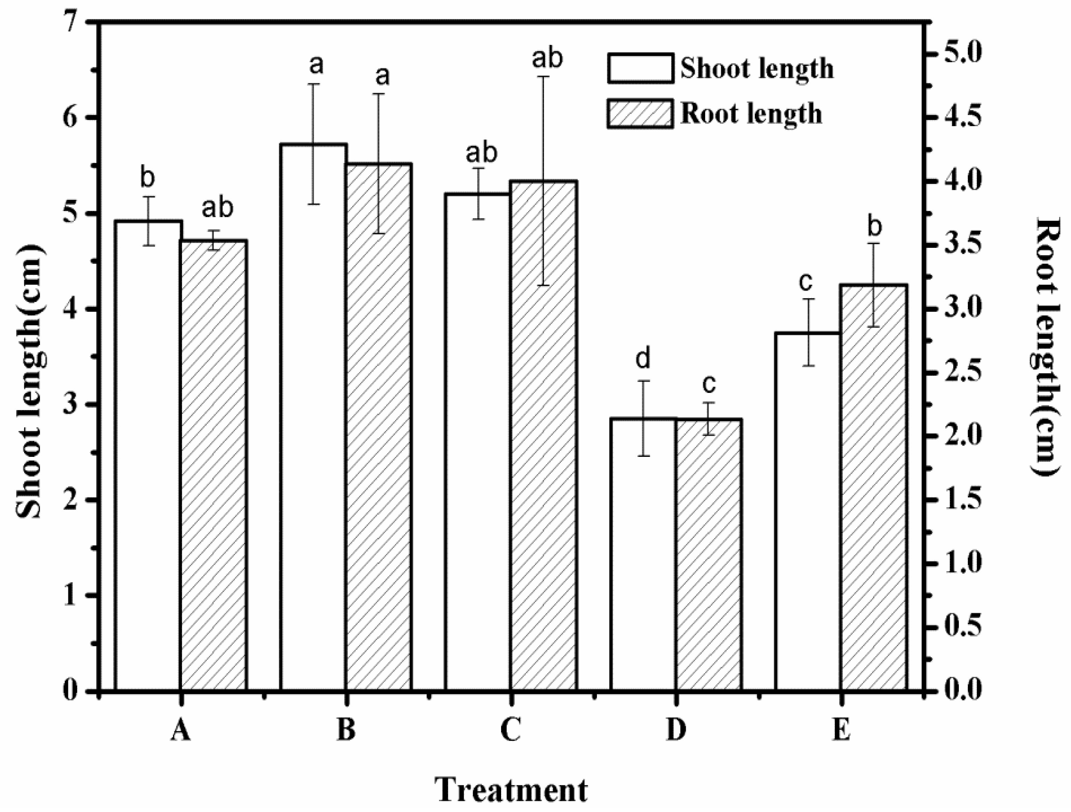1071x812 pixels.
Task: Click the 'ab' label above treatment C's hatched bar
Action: [547, 58]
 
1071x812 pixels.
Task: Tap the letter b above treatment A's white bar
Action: [147, 178]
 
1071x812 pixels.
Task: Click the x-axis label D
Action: [676, 730]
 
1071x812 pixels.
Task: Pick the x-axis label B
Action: [346, 730]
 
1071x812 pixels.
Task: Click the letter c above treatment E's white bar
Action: [805, 282]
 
